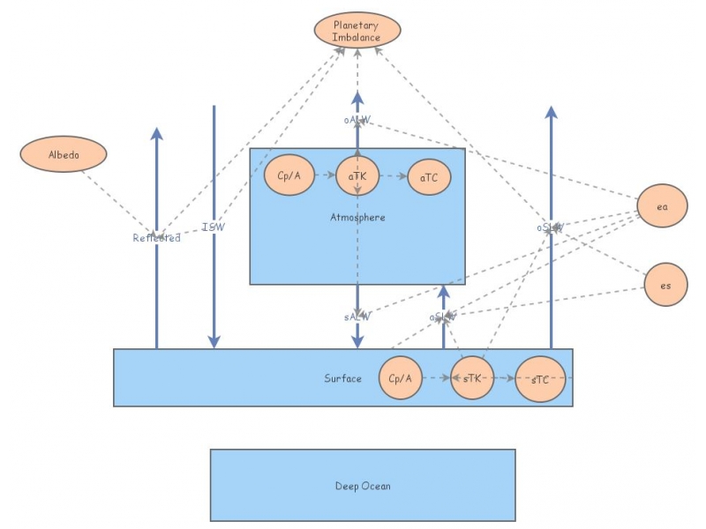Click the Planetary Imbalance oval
(x=357, y=32)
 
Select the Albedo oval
(x=64, y=155)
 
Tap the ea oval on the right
(x=663, y=206)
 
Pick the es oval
(x=665, y=285)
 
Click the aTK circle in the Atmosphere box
(x=357, y=175)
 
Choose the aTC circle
(x=429, y=178)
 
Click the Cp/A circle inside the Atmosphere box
(x=289, y=175)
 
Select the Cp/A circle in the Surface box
(x=400, y=378)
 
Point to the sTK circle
(x=472, y=379)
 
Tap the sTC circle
(x=539, y=379)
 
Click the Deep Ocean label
(x=362, y=486)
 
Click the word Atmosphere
(x=357, y=217)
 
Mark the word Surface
(x=342, y=378)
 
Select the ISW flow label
(x=214, y=227)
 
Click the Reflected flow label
(x=156, y=237)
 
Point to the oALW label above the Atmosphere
(x=357, y=118)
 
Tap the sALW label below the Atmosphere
(x=357, y=315)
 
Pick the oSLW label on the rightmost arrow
(x=550, y=227)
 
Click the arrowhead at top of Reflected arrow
(x=157, y=133)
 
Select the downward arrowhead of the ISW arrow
(x=214, y=342)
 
